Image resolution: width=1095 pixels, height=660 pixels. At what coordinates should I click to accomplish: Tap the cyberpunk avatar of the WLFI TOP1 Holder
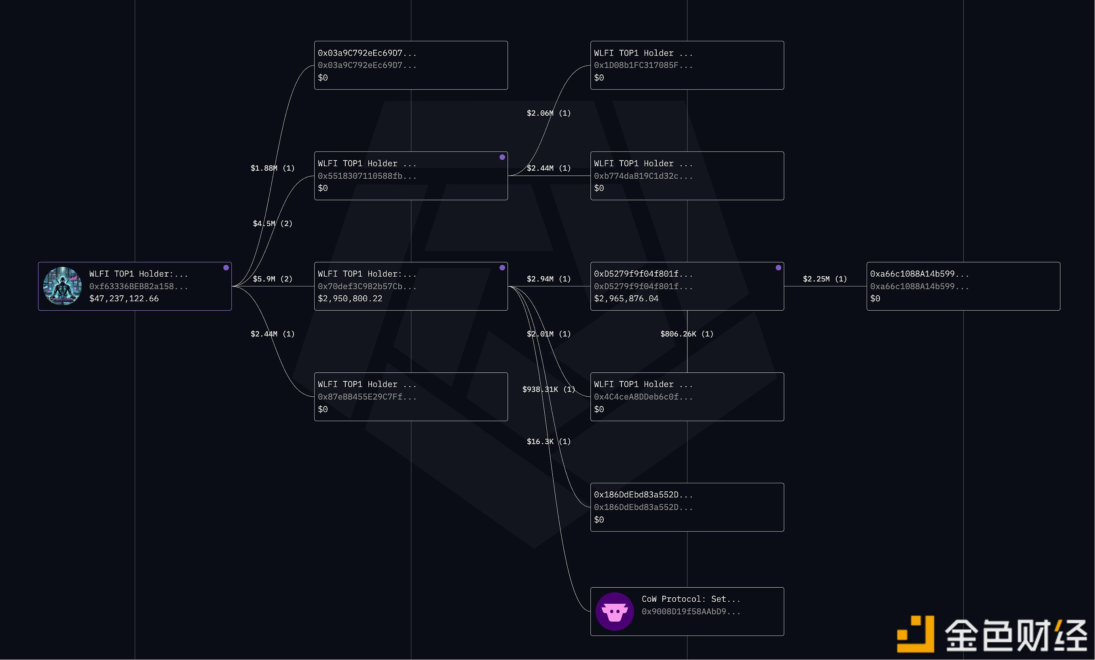tap(62, 286)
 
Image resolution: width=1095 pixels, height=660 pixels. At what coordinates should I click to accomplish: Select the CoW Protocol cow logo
tap(615, 611)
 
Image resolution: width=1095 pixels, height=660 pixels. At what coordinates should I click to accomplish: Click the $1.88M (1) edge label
tap(273, 168)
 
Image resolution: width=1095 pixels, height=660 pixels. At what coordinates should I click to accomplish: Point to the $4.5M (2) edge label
tap(273, 224)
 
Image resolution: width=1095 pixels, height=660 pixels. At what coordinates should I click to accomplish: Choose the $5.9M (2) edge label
tap(273, 279)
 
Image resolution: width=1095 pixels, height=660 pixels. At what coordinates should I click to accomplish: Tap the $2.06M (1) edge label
tap(548, 113)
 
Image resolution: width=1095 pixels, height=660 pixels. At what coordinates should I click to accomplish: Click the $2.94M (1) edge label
tap(548, 279)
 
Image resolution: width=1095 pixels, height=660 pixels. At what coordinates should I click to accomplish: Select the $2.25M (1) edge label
tap(825, 279)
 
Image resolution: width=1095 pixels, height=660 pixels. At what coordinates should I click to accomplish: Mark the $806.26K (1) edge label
tap(687, 334)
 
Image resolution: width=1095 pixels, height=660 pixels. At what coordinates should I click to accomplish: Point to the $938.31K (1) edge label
tap(548, 389)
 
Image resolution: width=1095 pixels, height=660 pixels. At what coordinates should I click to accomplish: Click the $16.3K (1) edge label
tap(548, 441)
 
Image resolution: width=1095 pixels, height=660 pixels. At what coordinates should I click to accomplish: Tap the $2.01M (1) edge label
tap(548, 334)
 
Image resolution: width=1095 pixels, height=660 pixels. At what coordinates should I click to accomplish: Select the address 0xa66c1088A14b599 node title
tap(919, 274)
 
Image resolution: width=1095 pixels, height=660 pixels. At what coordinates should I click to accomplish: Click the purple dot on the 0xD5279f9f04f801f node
tap(778, 268)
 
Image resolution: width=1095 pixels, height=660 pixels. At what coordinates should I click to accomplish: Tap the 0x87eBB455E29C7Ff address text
tap(367, 396)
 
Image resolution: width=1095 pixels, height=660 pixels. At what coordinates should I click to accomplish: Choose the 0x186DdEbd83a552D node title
tap(643, 495)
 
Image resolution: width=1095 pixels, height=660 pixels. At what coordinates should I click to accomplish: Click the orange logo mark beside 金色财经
tap(915, 634)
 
